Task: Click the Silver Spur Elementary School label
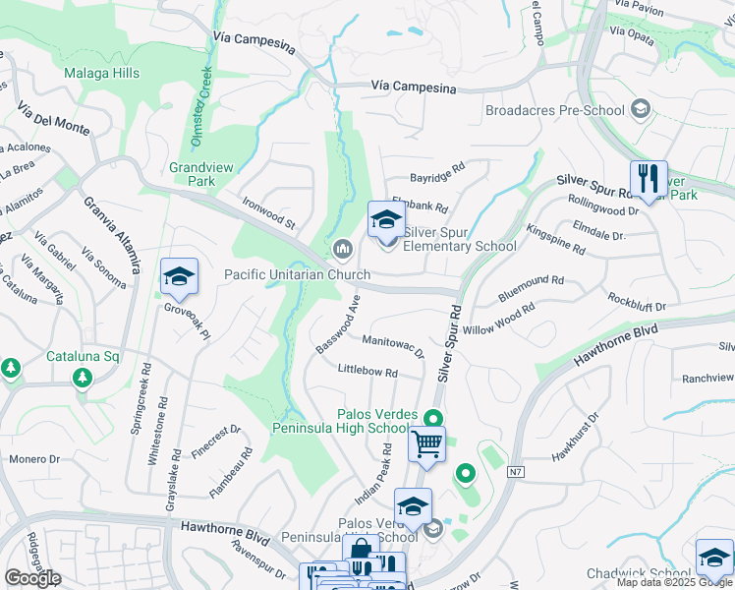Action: [459, 246]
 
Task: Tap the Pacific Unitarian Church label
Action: [297, 275]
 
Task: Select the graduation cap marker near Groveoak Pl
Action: [179, 278]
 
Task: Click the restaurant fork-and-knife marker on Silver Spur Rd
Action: [648, 180]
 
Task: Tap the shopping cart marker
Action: [426, 444]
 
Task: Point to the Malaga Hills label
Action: [102, 74]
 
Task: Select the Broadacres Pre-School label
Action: [555, 110]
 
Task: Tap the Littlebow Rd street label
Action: [367, 373]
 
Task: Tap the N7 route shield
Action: [515, 472]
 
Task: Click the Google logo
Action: [32, 577]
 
